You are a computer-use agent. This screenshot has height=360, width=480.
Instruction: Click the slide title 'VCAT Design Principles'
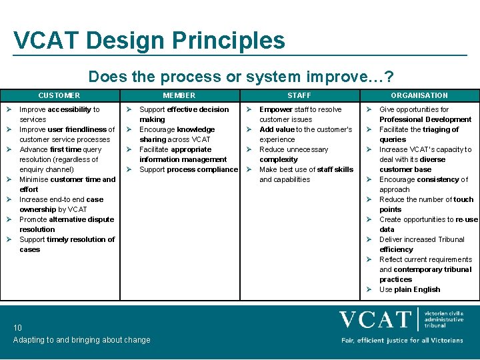pyautogui.click(x=149, y=41)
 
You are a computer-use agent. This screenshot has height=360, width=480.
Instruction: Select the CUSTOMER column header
pyautogui.click(x=59, y=95)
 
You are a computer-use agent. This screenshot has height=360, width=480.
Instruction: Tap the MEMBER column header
pyautogui.click(x=179, y=95)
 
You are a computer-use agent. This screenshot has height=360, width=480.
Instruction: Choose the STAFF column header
pyautogui.click(x=299, y=95)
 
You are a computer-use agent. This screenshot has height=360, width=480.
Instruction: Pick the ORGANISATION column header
pyautogui.click(x=419, y=95)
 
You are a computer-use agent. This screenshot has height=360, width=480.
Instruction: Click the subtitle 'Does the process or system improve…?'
pyautogui.click(x=241, y=77)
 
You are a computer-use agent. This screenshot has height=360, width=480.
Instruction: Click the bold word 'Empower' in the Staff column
pyautogui.click(x=276, y=109)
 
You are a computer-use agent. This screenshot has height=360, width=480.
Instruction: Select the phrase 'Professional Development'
pyautogui.click(x=425, y=119)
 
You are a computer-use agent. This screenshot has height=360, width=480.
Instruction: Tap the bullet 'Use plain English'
pyautogui.click(x=409, y=289)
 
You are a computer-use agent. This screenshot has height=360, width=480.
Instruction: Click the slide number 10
pyautogui.click(x=18, y=327)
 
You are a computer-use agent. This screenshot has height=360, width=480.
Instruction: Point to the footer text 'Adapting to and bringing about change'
pyautogui.click(x=82, y=340)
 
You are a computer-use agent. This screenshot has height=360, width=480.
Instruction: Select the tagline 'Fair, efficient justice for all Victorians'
pyautogui.click(x=402, y=340)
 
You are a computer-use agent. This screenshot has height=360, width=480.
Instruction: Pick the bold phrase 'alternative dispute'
pyautogui.click(x=82, y=219)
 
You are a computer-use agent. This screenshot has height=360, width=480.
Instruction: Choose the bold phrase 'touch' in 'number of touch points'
pyautogui.click(x=463, y=199)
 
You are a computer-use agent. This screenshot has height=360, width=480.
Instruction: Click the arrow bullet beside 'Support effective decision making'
pyautogui.click(x=129, y=109)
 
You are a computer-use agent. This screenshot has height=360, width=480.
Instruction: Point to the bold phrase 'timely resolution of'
pyautogui.click(x=81, y=239)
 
